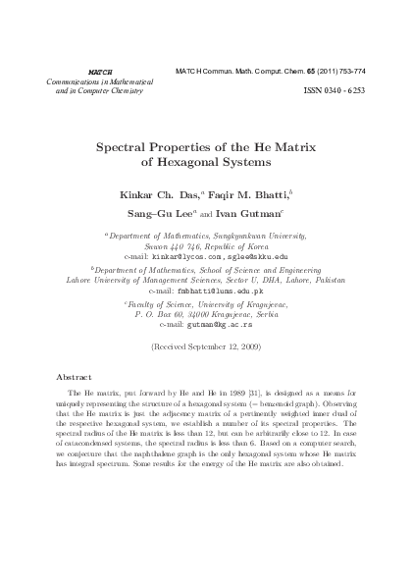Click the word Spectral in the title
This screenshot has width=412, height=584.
tap(128, 144)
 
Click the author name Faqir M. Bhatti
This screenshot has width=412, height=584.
tap(236, 196)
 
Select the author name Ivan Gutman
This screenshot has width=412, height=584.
tap(252, 217)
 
